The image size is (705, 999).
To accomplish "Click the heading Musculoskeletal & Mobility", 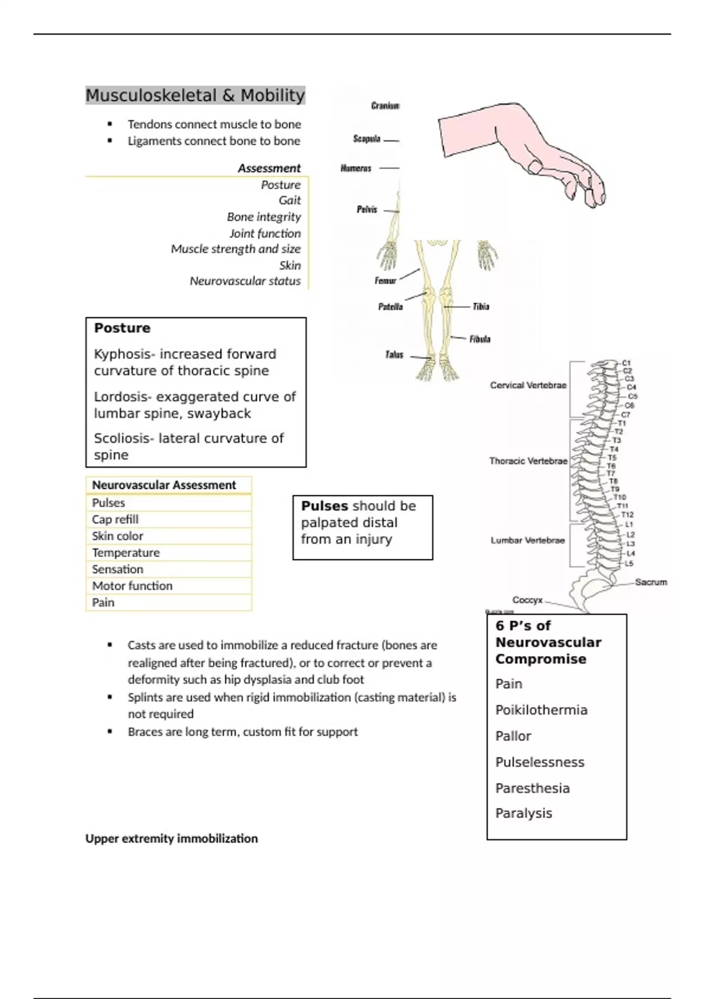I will pyautogui.click(x=195, y=95).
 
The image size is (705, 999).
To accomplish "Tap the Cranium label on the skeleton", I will pyautogui.click(x=385, y=106).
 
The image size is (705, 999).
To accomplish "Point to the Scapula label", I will pyautogui.click(x=367, y=139).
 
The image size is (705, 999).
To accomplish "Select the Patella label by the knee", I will pyautogui.click(x=390, y=307).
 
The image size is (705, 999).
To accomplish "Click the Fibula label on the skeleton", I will pyautogui.click(x=479, y=339).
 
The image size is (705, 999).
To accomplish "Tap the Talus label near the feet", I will pyautogui.click(x=394, y=354).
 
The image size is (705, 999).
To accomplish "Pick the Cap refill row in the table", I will pyautogui.click(x=115, y=519).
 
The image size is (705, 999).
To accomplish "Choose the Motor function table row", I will pyautogui.click(x=132, y=586).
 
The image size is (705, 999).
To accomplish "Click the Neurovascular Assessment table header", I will pyautogui.click(x=164, y=485).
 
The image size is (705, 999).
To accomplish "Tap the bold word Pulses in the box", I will pyautogui.click(x=324, y=506).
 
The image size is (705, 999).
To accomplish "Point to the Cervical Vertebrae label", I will pyautogui.click(x=528, y=385).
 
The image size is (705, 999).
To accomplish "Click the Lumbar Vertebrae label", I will pyautogui.click(x=528, y=541).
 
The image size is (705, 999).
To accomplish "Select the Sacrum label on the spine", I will pyautogui.click(x=651, y=582).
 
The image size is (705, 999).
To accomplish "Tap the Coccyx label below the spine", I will pyautogui.click(x=527, y=600).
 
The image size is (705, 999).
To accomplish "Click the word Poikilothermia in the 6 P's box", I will pyautogui.click(x=541, y=710).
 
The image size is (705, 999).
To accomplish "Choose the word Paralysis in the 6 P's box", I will pyautogui.click(x=523, y=814).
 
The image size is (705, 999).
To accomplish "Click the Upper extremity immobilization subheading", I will pyautogui.click(x=172, y=839).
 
